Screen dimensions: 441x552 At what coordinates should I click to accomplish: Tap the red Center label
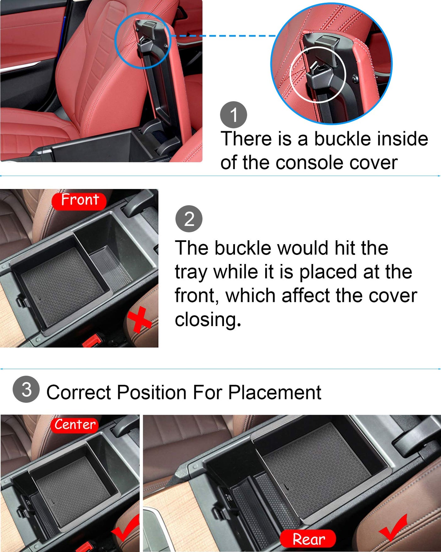(x=74, y=425)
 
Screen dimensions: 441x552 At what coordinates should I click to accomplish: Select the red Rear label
(x=308, y=539)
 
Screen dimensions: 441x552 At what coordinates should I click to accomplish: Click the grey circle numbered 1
(x=233, y=115)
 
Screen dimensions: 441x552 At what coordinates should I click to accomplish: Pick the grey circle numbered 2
(x=189, y=219)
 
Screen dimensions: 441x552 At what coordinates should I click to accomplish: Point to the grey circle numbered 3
(x=26, y=389)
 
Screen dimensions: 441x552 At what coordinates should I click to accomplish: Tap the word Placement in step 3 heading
(x=275, y=392)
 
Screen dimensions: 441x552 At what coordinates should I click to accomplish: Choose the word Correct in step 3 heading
(x=79, y=392)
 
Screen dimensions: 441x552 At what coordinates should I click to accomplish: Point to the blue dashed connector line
(x=223, y=36)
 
